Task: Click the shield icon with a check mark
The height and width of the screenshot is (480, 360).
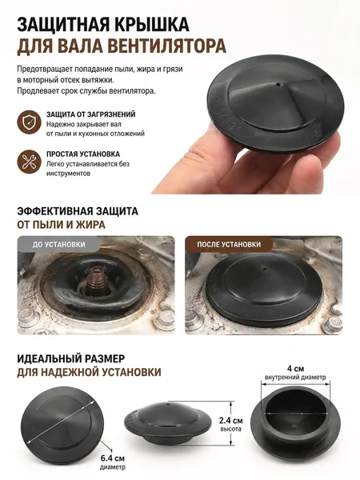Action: [29, 122]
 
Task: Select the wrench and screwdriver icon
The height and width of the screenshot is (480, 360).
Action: [29, 162]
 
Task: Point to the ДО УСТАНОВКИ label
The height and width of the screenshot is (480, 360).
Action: [58, 245]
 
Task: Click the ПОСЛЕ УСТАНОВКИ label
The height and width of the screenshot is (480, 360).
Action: [229, 244]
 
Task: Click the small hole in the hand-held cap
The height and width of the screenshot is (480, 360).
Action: [278, 83]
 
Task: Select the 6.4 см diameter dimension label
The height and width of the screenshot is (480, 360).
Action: [113, 458]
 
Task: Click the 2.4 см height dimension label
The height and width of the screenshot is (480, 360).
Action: [231, 421]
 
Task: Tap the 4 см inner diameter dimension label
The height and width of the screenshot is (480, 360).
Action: [295, 368]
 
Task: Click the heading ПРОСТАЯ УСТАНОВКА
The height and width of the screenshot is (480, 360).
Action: [83, 154]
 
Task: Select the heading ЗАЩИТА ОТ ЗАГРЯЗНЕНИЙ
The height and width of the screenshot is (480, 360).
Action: [91, 114]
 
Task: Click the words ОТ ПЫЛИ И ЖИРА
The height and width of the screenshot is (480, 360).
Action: [62, 225]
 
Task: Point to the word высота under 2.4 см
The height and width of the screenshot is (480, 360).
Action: [231, 429]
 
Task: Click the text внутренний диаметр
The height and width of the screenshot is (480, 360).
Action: [295, 377]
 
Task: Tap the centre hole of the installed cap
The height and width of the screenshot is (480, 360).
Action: [265, 269]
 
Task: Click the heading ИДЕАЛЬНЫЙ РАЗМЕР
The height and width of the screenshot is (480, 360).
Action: [71, 358]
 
